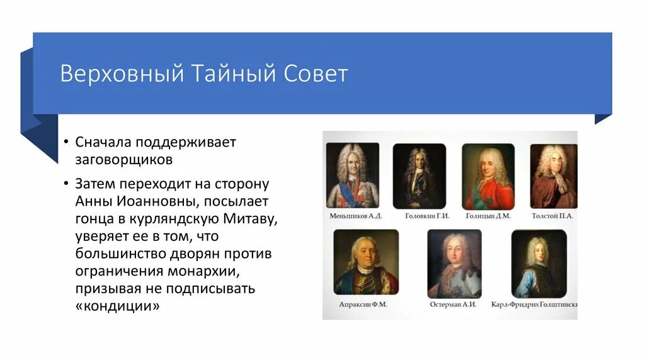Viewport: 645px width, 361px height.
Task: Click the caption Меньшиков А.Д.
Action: tap(355, 216)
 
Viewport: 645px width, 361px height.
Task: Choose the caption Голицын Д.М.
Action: tap(488, 216)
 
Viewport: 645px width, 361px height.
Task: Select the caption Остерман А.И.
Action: tap(453, 304)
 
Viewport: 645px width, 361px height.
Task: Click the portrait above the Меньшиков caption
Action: tap(353, 175)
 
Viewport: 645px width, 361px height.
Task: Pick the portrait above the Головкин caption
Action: tap(420, 176)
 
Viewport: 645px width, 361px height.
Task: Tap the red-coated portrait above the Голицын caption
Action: tap(488, 177)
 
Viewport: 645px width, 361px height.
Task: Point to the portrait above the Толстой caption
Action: tap(553, 177)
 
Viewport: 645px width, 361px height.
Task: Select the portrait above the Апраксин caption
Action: tap(366, 262)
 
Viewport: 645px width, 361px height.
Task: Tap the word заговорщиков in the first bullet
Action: tap(123, 159)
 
